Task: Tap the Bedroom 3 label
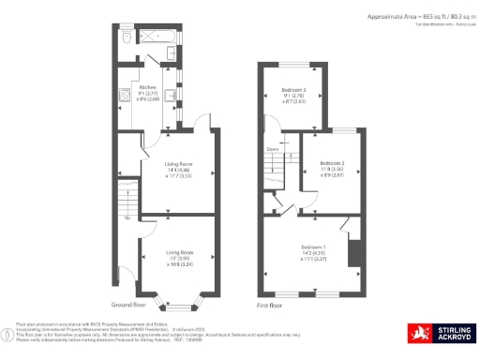pyautogui.click(x=293, y=91)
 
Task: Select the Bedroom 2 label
pyautogui.click(x=334, y=162)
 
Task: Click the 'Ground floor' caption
pyautogui.click(x=127, y=306)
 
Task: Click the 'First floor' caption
pyautogui.click(x=268, y=306)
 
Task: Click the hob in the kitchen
pyautogui.click(x=123, y=95)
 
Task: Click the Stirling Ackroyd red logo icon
pyautogui.click(x=417, y=333)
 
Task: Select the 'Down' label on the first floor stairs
pyautogui.click(x=273, y=149)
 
